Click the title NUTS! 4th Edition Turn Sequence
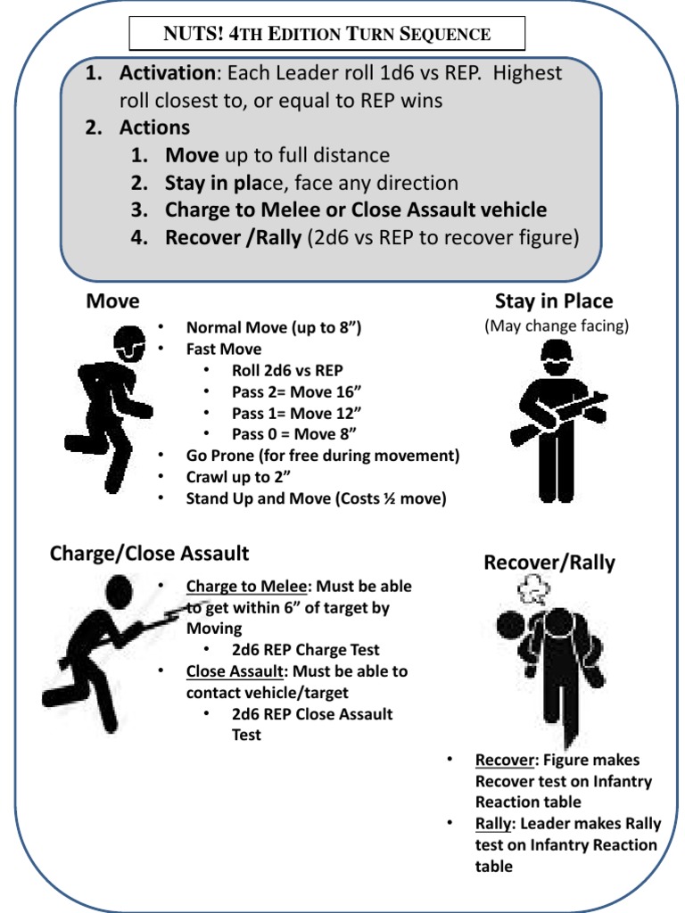(327, 34)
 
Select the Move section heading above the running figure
(112, 301)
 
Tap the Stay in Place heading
(554, 301)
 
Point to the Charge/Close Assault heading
(149, 554)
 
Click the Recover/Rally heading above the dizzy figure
(549, 563)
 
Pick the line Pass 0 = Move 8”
(293, 434)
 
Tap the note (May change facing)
(557, 326)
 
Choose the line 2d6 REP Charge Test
(305, 650)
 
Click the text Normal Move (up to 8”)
(273, 328)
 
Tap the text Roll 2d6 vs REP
(287, 370)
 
